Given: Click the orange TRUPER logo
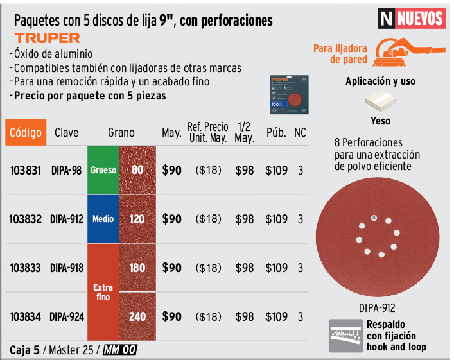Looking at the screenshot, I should pyautogui.click(x=48, y=38).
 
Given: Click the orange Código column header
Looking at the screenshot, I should pyautogui.click(x=26, y=133).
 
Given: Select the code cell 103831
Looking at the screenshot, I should pyautogui.click(x=26, y=171).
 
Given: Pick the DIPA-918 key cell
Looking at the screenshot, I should pyautogui.click(x=67, y=268).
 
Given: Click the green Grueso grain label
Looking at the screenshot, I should pyautogui.click(x=103, y=171).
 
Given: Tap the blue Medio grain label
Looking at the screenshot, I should pyautogui.click(x=103, y=219).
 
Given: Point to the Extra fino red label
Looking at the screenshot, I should pyautogui.click(x=103, y=292).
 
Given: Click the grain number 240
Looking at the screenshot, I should pyautogui.click(x=137, y=316).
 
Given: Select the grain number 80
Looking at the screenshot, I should pyautogui.click(x=137, y=171).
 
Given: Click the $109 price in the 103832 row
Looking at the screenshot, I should pyautogui.click(x=276, y=219).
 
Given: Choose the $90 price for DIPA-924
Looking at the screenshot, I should pyautogui.click(x=171, y=316).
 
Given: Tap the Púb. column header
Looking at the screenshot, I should pyautogui.click(x=276, y=133).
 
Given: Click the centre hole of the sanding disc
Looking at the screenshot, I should pyautogui.click(x=372, y=219).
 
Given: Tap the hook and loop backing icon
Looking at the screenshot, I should pyautogui.click(x=345, y=336).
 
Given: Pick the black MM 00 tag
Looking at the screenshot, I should pyautogui.click(x=120, y=350).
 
